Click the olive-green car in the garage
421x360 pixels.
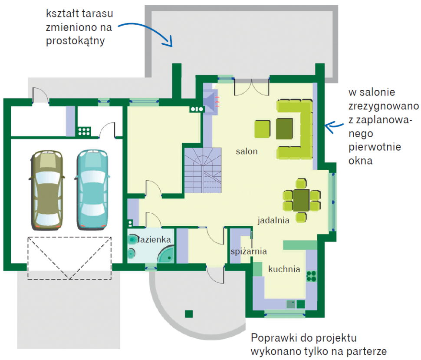point(46,190)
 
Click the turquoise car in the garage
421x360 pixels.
point(92,190)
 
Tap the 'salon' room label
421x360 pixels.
point(247,152)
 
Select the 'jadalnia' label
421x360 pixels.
point(273,220)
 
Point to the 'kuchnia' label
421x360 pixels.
point(284,269)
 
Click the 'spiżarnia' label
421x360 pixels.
point(249,251)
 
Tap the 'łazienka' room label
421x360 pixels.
point(155,240)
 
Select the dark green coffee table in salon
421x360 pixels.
point(285,129)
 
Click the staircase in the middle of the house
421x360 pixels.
point(202,170)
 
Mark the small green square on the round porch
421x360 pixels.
point(188,314)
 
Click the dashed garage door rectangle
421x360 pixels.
point(69,258)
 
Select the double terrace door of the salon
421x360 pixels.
point(252,87)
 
